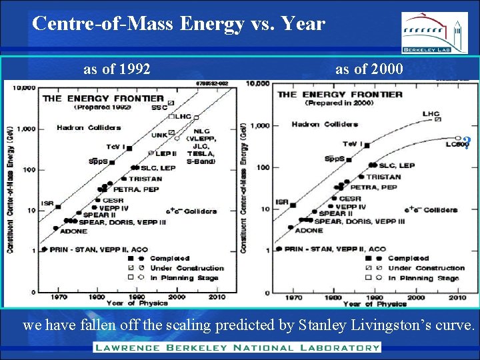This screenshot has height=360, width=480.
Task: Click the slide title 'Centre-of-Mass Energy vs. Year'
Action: [x=179, y=24]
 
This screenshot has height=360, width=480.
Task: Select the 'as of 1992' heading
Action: [x=117, y=69]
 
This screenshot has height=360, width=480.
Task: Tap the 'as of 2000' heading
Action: [x=369, y=69]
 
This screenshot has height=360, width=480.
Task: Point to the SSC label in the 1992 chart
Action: [x=159, y=107]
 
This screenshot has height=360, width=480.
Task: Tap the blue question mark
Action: [x=467, y=141]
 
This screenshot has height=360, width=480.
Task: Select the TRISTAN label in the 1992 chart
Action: [x=145, y=179]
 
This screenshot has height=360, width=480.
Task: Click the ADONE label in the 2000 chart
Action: [x=309, y=230]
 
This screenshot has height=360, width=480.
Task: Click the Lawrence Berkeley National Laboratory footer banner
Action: [x=237, y=347]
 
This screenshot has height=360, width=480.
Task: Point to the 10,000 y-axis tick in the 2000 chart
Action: [x=257, y=83]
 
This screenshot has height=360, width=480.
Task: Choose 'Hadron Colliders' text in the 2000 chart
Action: [x=324, y=124]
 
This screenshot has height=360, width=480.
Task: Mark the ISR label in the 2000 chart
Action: [x=282, y=201]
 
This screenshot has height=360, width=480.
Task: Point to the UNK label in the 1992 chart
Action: [x=159, y=135]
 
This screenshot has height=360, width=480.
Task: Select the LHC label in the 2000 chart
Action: [x=431, y=114]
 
